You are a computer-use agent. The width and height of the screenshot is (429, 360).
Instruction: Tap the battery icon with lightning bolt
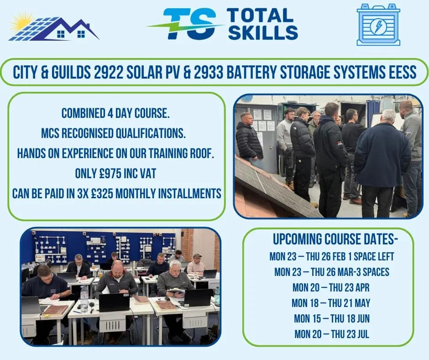click(378, 25)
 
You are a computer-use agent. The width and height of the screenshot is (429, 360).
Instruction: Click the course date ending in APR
click(331, 287)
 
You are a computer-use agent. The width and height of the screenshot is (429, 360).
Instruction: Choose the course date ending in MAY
click(331, 302)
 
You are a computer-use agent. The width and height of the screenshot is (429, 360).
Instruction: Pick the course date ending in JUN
click(331, 318)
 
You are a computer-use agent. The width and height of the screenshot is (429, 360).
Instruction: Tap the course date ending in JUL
click(331, 334)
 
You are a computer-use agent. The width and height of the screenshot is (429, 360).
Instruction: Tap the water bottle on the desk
click(84, 299)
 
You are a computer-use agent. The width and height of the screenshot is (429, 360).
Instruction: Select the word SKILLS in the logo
click(263, 32)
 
